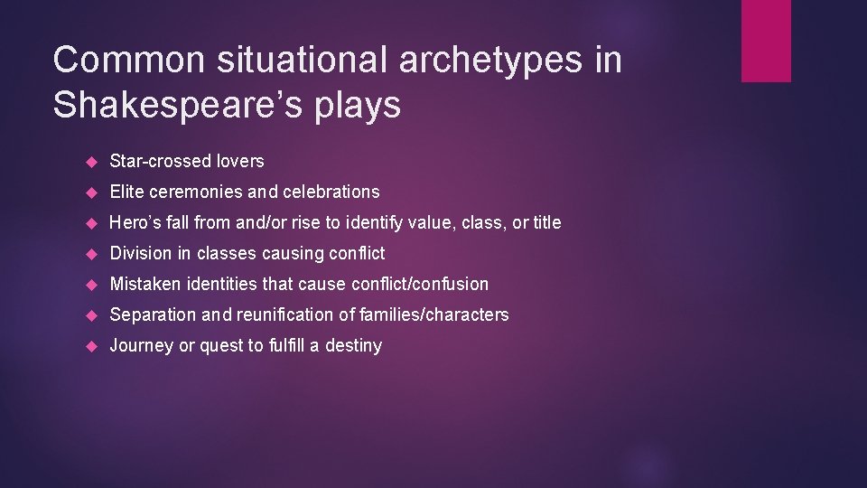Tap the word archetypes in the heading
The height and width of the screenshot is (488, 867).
[480, 61]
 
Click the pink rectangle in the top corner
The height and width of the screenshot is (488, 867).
[766, 41]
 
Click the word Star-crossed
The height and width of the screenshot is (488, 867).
[160, 161]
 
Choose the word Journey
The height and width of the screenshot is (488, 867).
[141, 346]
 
